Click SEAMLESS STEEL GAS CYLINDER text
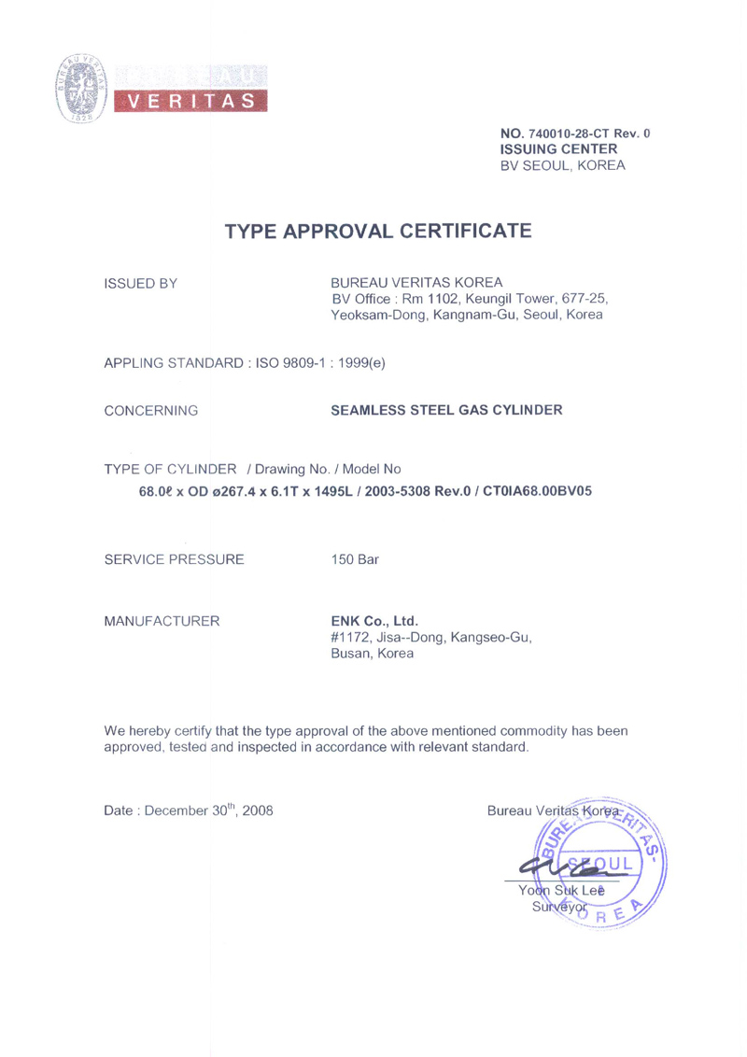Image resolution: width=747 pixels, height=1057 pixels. tap(447, 410)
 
